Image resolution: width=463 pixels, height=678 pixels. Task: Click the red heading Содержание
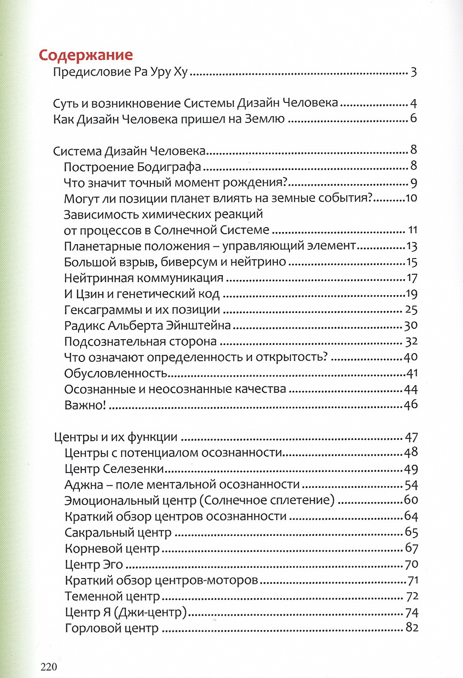(x=86, y=55)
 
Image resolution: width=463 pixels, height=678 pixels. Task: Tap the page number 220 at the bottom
(x=49, y=667)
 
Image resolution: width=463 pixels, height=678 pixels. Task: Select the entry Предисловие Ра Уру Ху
(x=120, y=72)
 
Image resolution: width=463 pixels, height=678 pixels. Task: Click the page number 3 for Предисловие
(x=413, y=72)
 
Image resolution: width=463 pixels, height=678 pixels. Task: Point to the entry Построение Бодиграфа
(x=132, y=167)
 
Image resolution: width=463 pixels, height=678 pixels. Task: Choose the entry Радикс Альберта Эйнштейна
(x=147, y=326)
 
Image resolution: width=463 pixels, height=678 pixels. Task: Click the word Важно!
(x=85, y=405)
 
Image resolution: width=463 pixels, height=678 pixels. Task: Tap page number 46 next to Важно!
(x=410, y=405)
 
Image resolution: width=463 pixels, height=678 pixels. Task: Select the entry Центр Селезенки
(x=114, y=469)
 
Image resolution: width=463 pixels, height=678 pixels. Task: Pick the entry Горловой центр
(x=112, y=628)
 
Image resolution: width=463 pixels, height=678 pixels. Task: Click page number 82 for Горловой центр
(x=412, y=628)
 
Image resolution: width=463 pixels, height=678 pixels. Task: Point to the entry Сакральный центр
(x=118, y=533)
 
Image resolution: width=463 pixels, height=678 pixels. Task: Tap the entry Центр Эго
(x=94, y=565)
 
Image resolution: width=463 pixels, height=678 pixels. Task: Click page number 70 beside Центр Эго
(x=411, y=565)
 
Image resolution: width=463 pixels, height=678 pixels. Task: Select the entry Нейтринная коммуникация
(x=143, y=278)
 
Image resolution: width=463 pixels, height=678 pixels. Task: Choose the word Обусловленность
(x=116, y=373)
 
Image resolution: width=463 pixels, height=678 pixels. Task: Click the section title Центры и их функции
(x=115, y=437)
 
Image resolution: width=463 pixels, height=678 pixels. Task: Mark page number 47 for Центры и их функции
(x=411, y=437)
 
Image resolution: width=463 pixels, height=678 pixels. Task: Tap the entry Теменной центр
(x=112, y=596)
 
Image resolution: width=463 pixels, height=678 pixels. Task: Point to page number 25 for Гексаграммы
(x=411, y=310)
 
